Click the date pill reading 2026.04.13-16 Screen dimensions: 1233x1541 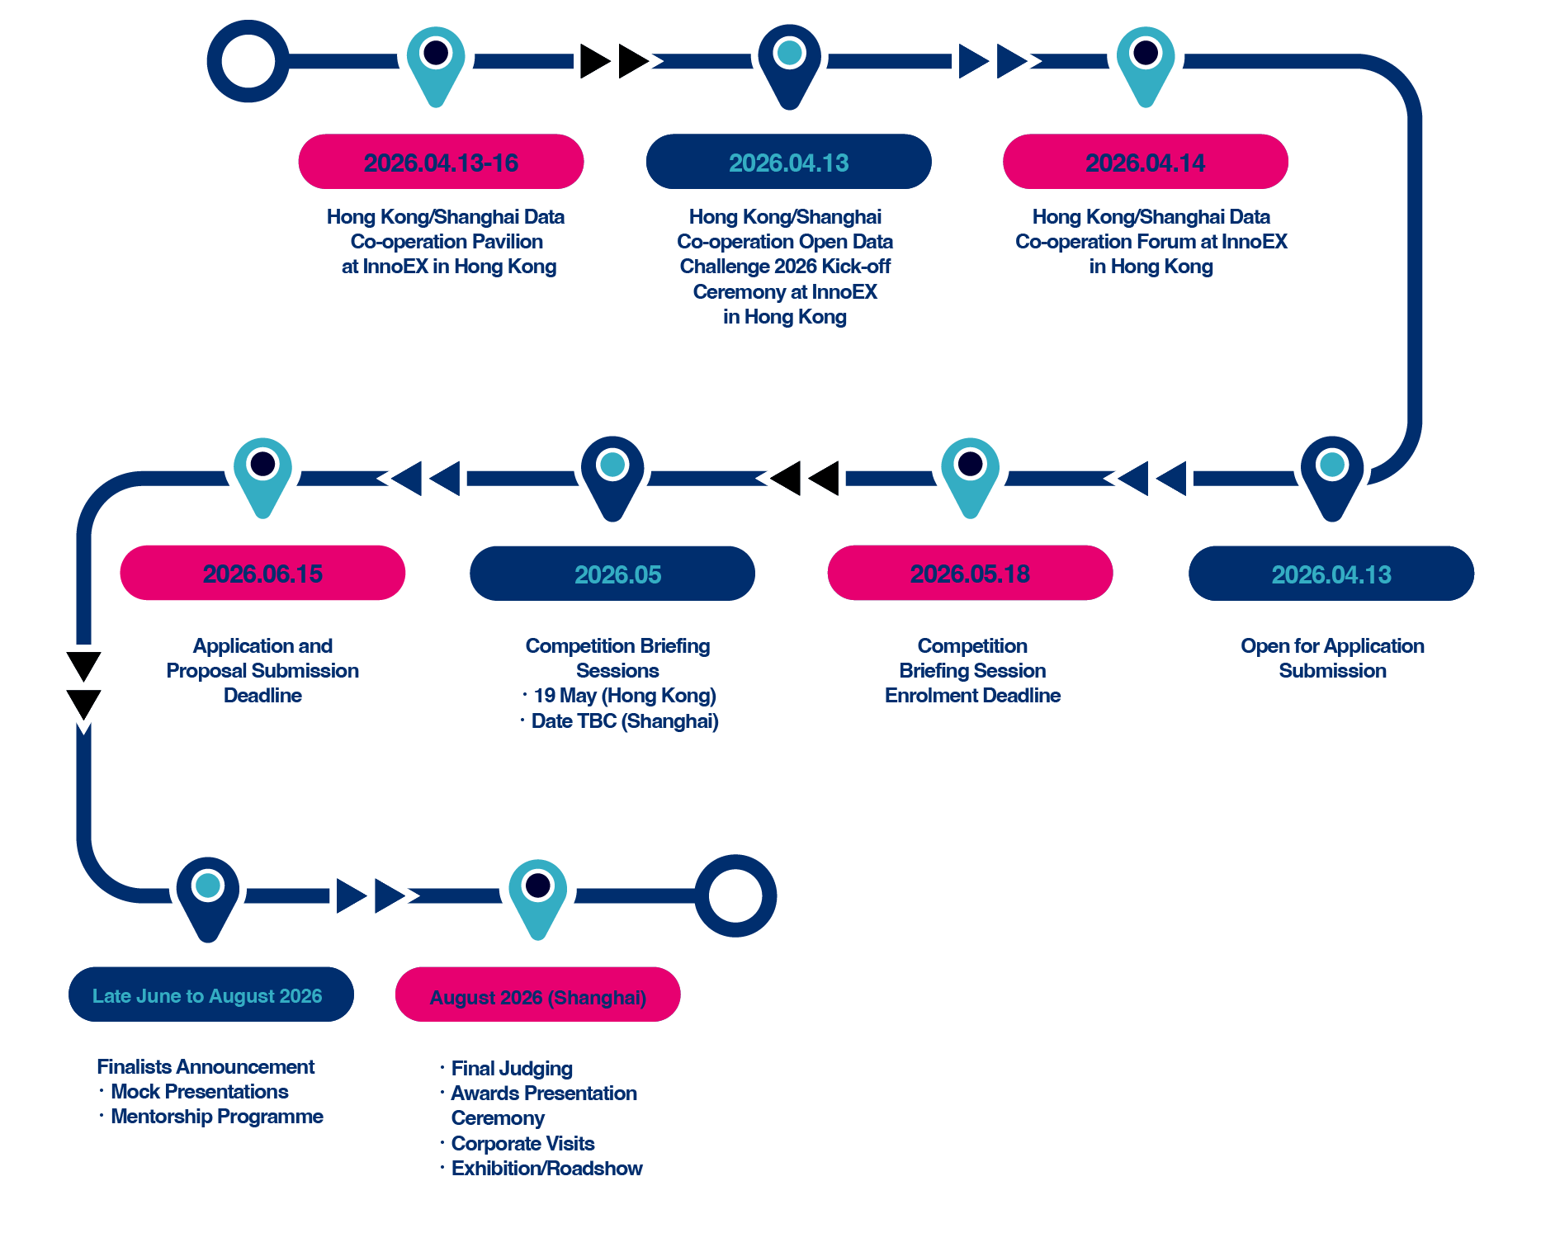tap(441, 162)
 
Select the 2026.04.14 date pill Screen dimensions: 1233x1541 tap(1145, 162)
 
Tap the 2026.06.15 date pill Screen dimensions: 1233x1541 tap(262, 573)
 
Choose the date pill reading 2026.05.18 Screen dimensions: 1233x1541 tap(970, 573)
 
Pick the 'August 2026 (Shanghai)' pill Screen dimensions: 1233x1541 tap(537, 995)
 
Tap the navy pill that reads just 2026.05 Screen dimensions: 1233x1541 tap(612, 574)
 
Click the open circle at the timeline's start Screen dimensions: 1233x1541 tap(248, 62)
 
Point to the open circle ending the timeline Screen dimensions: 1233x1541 tap(735, 895)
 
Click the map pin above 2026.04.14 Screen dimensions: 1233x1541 tap(1146, 62)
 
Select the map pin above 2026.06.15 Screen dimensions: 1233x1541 tap(262, 473)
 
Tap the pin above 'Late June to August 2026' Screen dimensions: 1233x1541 tap(208, 894)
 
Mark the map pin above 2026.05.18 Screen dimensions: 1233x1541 tap(971, 473)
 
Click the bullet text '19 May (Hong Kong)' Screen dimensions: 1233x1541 tap(624, 696)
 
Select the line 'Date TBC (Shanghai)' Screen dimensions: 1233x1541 tap(624, 721)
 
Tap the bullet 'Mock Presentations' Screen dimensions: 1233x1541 tap(199, 1092)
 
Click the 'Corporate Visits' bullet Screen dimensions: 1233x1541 tap(522, 1144)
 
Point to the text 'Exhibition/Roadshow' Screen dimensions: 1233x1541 tap(546, 1169)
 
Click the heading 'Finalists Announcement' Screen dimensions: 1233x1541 tap(206, 1067)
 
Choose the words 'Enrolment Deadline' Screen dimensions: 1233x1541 tap(972, 696)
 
